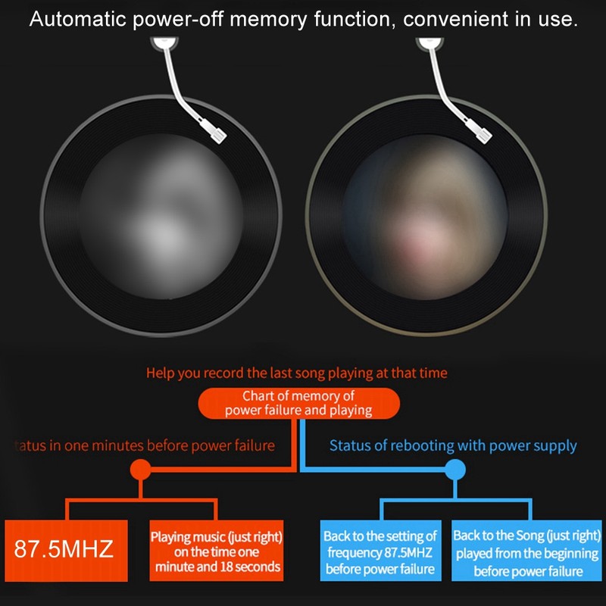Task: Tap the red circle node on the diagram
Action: (x=141, y=470)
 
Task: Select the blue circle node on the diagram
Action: (x=454, y=470)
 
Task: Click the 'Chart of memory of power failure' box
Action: (x=298, y=403)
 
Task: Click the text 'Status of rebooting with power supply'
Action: (x=453, y=445)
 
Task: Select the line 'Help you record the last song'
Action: (x=297, y=373)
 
